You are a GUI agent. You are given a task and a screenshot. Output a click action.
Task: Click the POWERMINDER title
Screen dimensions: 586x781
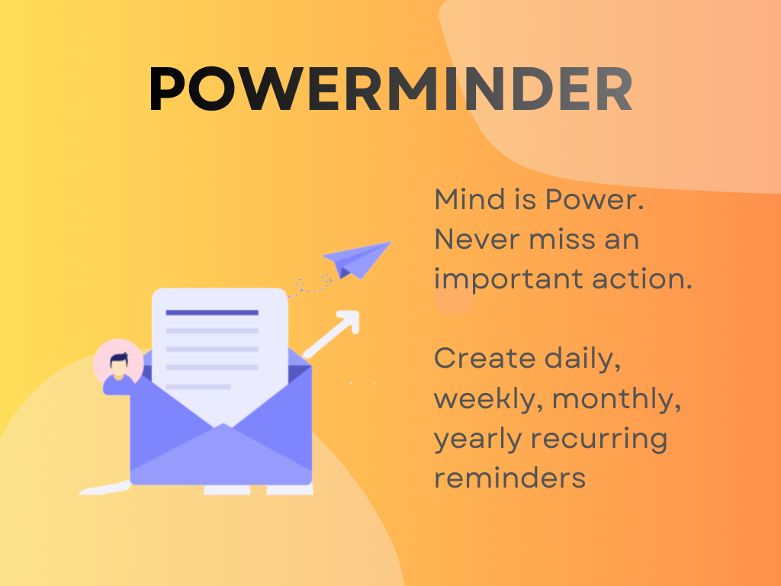click(390, 90)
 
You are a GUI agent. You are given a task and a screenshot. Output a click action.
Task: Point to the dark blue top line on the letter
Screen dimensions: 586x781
click(212, 312)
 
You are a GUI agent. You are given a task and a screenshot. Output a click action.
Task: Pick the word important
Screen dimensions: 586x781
click(501, 279)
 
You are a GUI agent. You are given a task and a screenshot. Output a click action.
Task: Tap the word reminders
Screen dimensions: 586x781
click(509, 478)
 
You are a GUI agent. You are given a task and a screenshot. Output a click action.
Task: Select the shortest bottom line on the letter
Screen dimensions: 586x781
click(198, 387)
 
